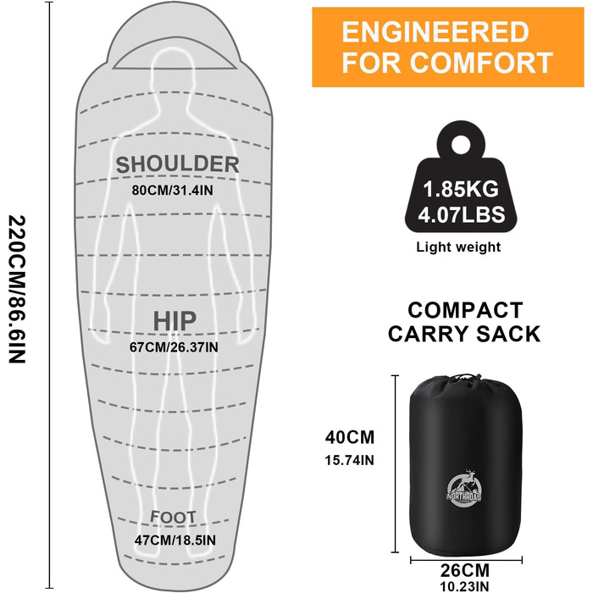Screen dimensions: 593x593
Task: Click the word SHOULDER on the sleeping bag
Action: pos(177,164)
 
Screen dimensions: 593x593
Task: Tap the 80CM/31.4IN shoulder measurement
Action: pos(173,191)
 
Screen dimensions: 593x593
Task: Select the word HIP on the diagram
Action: pos(175,321)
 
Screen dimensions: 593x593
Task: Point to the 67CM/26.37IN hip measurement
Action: pos(174,347)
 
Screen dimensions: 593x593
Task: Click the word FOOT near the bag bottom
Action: pos(173,517)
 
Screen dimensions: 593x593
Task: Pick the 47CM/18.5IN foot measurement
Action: pos(175,540)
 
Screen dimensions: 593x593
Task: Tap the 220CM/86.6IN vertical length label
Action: pos(17,290)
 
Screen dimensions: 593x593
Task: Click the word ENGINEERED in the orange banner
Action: pos(435,32)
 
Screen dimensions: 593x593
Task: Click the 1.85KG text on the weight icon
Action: pos(461,189)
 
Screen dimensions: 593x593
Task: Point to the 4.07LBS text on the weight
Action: pos(462,214)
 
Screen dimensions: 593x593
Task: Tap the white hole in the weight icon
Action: pos(460,145)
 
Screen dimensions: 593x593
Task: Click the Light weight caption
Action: pos(458,247)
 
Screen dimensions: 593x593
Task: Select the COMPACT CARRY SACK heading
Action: pos(464,322)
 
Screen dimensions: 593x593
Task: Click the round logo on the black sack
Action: pos(463,488)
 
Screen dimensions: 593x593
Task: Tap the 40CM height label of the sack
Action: pos(350,437)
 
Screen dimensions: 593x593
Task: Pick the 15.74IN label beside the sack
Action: pos(349,460)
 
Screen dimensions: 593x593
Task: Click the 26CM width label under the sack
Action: pos(465,570)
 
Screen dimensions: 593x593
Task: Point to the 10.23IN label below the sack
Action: pos(464,586)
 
